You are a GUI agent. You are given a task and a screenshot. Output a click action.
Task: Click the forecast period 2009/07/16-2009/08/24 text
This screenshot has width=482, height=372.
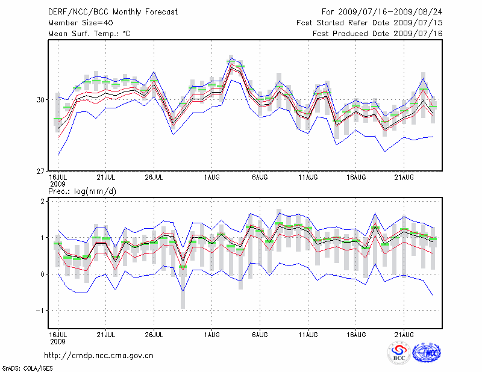[x=382, y=11]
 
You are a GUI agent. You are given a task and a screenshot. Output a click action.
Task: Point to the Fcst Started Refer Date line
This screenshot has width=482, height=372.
[x=369, y=22]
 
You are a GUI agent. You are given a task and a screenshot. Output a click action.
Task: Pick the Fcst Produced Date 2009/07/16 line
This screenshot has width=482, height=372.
[x=377, y=34]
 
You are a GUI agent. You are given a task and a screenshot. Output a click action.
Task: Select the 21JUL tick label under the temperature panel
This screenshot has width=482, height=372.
[x=106, y=178]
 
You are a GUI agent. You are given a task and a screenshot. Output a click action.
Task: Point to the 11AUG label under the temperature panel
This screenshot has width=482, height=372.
[x=308, y=178]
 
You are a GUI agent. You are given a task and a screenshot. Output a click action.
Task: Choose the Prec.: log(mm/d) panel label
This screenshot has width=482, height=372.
[x=82, y=191]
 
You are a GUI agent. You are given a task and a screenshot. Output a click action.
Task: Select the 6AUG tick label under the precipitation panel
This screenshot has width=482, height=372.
[x=260, y=335]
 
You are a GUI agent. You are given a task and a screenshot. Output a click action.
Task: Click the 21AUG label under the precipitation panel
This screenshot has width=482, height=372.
[x=404, y=335]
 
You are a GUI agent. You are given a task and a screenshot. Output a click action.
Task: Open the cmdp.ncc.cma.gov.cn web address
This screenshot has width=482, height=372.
[x=99, y=356]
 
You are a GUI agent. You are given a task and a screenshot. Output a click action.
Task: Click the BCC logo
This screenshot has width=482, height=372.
[x=399, y=353]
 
